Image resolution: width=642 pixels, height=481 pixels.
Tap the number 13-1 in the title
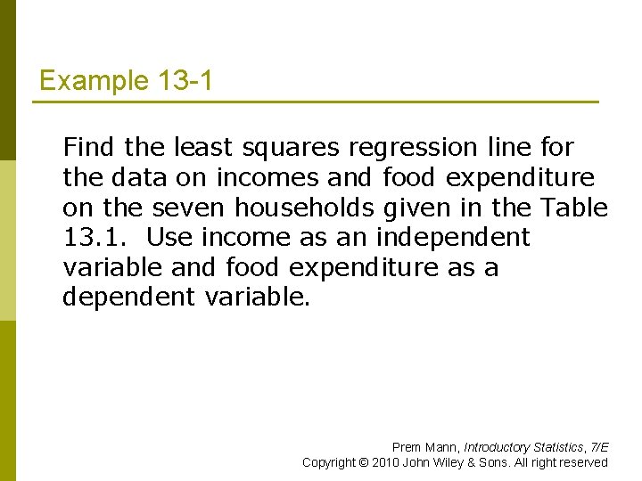click(184, 81)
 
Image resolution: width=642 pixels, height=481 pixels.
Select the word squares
click(298, 147)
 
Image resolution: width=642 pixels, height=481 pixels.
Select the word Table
click(574, 208)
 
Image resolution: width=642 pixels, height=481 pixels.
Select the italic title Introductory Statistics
click(518, 447)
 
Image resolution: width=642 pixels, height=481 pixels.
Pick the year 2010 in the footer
click(386, 462)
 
